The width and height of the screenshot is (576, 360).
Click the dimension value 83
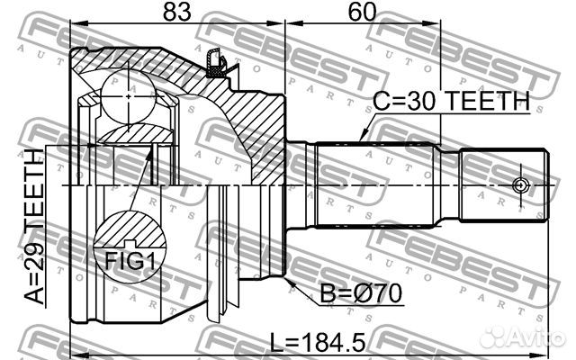[x=177, y=12]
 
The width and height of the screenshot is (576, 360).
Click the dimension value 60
[x=362, y=12]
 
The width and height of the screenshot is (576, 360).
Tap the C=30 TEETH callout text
[x=451, y=102]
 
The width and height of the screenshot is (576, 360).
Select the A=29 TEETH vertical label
[x=34, y=227]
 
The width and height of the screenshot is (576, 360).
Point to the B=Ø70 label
[x=361, y=293]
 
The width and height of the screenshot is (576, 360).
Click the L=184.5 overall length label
[x=318, y=342]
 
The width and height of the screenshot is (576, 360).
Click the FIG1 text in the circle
[x=130, y=262]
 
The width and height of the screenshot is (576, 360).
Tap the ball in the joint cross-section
[x=128, y=96]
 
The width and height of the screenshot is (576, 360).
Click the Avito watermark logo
[x=522, y=337]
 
